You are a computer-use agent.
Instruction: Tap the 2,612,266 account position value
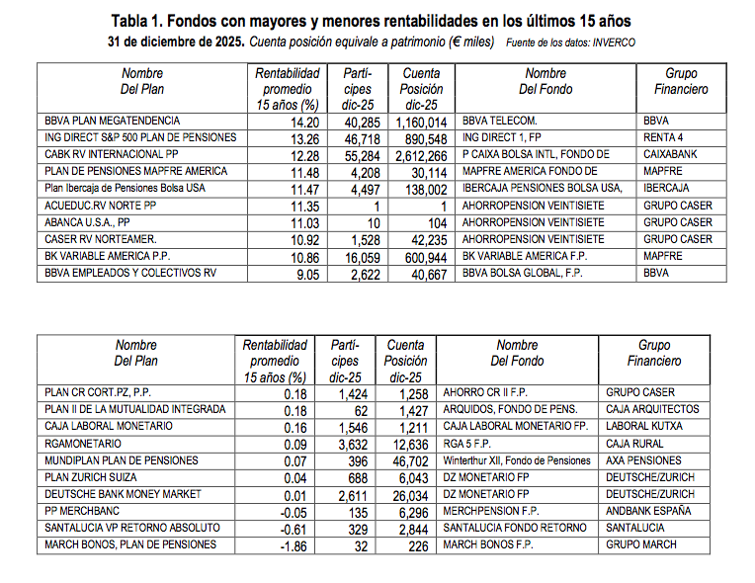419,155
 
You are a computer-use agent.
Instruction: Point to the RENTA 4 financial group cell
665,138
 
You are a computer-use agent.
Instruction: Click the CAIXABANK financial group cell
672,155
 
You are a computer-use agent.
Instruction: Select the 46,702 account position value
407,460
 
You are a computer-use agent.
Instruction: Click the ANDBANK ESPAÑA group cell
648,511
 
